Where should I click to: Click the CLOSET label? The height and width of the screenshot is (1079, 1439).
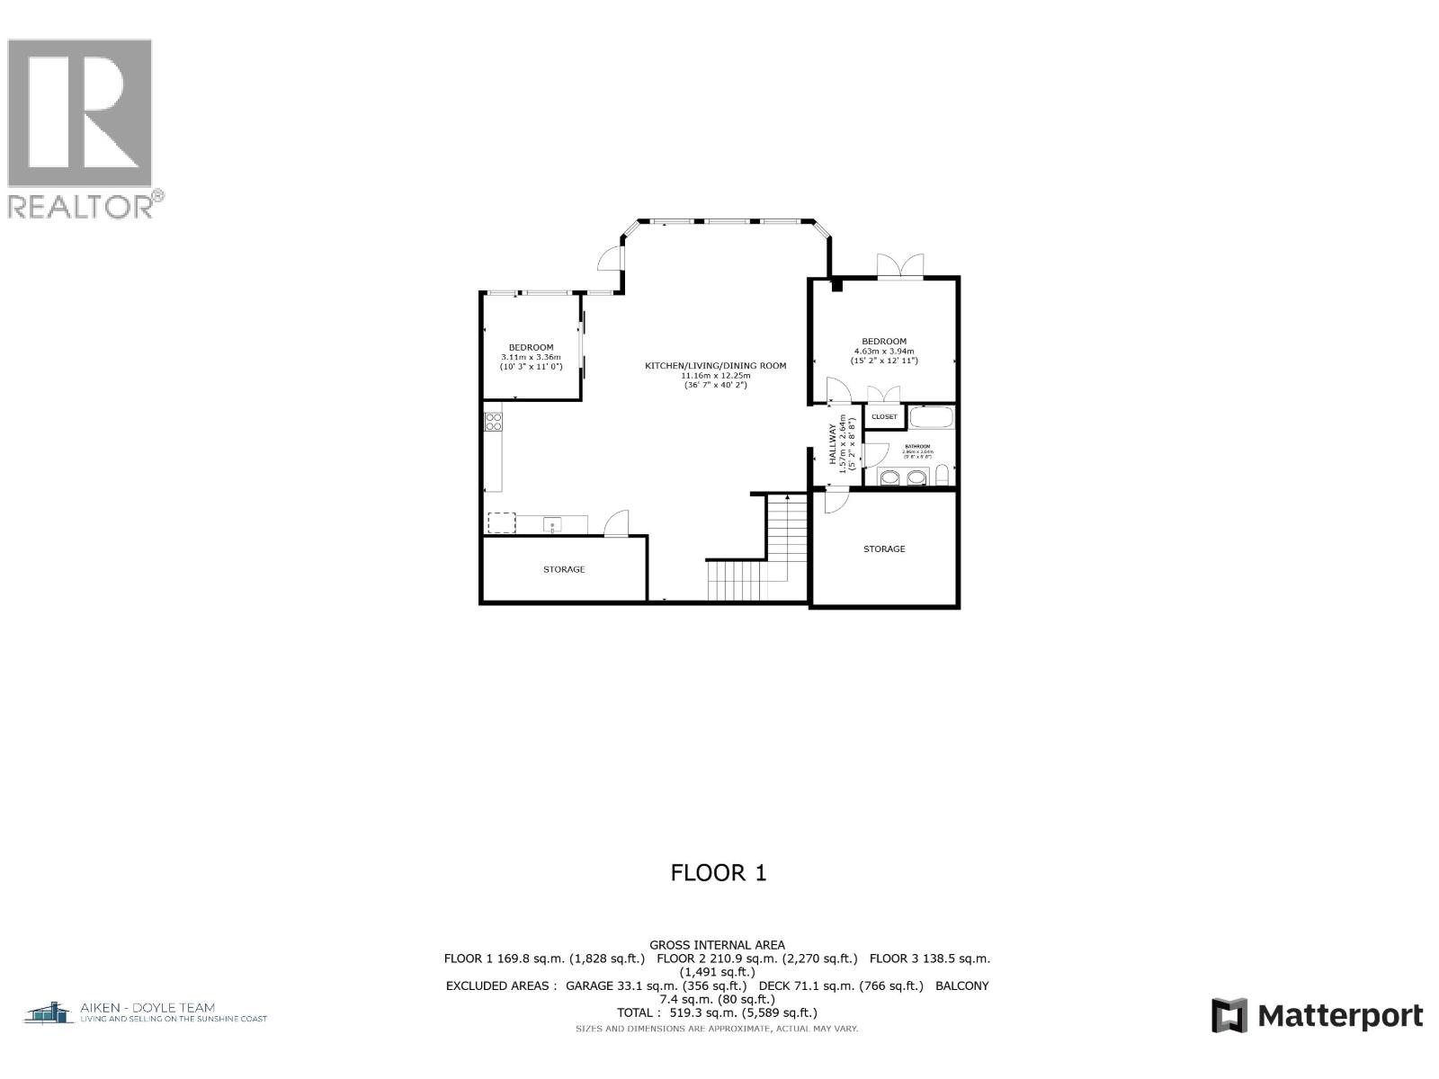tap(884, 416)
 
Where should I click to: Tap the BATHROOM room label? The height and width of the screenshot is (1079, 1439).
tap(917, 446)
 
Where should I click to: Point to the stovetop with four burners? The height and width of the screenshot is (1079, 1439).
tap(493, 422)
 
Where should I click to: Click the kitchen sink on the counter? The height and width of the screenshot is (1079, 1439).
tap(551, 523)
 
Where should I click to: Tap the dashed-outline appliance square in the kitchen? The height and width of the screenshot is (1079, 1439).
tap(501, 522)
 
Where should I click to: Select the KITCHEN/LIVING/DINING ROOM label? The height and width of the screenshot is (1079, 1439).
tap(715, 365)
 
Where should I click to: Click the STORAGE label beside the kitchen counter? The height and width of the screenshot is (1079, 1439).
tap(564, 569)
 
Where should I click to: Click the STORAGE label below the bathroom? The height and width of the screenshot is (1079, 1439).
tap(884, 548)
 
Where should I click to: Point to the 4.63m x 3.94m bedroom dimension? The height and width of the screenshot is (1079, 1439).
tap(884, 351)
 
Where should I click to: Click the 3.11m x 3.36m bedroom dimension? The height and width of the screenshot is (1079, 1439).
tap(531, 357)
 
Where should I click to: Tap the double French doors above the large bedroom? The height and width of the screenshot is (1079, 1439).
tap(900, 265)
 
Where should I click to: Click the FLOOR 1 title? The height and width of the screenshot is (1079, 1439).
tap(719, 872)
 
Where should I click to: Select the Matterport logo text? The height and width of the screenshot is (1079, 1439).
tap(1340, 1016)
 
